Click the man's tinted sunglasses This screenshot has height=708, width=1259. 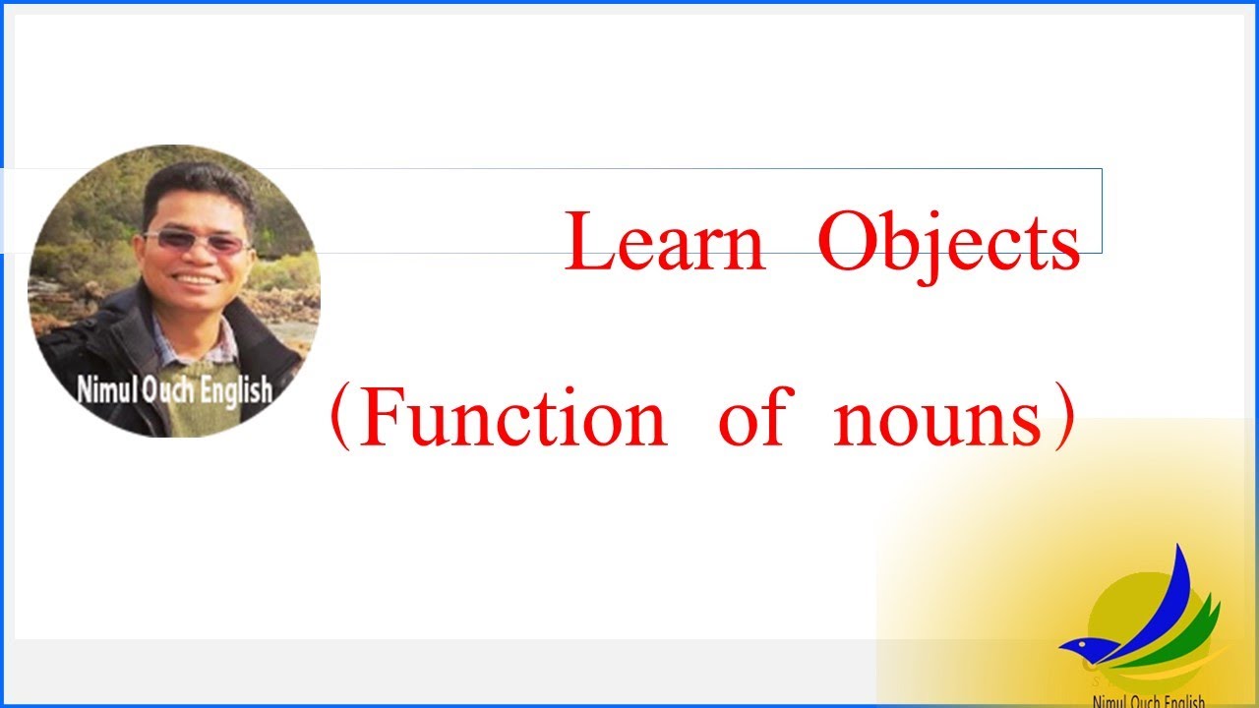pos(197,242)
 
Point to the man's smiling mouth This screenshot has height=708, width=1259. pos(197,279)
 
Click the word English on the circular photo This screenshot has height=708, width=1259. pos(236,390)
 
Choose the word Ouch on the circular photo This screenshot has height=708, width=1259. pos(169,390)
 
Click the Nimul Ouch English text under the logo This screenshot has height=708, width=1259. pos(1148,700)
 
